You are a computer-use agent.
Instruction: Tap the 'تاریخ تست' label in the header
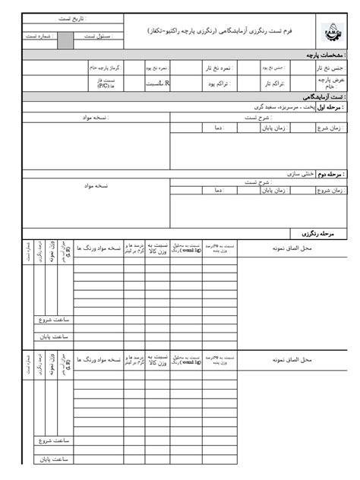[72, 18]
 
